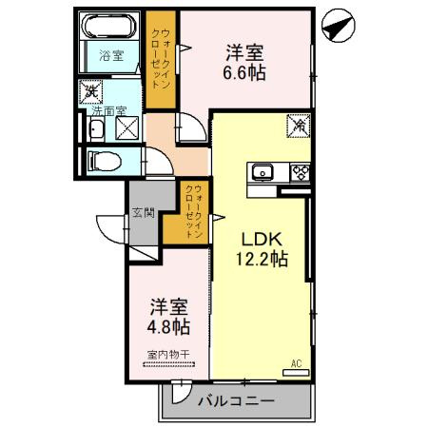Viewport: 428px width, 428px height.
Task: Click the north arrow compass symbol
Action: [x=337, y=27]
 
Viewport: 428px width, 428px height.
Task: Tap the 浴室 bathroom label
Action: [x=112, y=56]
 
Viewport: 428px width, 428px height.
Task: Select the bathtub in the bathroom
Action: [x=112, y=28]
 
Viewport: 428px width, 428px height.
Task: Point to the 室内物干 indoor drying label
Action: [x=167, y=355]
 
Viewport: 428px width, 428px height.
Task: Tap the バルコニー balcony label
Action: [x=237, y=401]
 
